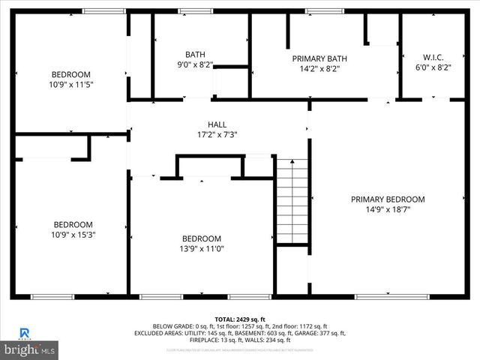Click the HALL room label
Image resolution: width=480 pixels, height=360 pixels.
point(217,124)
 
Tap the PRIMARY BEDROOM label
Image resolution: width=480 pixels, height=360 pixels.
point(388,199)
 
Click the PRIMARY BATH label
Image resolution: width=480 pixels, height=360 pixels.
point(319,58)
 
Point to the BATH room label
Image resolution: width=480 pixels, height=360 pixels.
point(195,54)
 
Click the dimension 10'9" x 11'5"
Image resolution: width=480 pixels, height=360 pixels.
point(71,85)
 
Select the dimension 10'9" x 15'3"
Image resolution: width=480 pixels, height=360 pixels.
point(73,235)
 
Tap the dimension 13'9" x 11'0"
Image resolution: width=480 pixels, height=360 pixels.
point(202,248)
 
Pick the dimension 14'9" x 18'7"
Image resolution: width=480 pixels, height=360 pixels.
point(388,210)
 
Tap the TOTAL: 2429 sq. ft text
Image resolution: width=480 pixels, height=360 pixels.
point(240,319)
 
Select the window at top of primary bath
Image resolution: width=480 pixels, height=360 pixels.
point(313,11)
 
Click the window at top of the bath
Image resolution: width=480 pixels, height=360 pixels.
point(190,11)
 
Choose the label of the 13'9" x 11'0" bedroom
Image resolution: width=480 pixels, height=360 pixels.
point(202,238)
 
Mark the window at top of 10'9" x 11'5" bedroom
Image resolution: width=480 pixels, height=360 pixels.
point(103,11)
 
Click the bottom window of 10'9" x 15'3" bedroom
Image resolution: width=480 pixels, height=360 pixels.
point(52,297)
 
